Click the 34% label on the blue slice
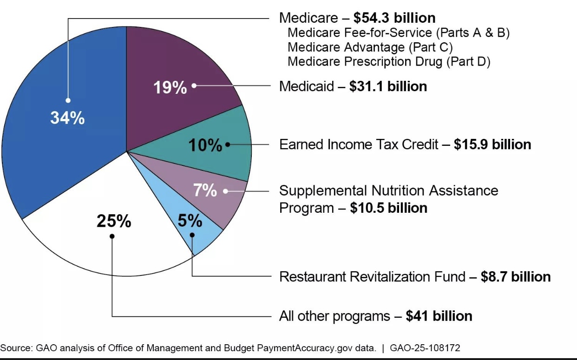(x=67, y=118)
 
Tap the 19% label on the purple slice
(x=170, y=87)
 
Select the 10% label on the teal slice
(x=205, y=145)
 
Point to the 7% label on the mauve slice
(x=205, y=190)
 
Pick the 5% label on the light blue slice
(x=190, y=221)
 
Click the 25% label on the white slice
(x=114, y=222)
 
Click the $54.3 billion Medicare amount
(x=394, y=18)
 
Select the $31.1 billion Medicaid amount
(x=388, y=86)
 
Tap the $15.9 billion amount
(x=492, y=144)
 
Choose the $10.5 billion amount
(x=389, y=208)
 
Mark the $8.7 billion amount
(x=516, y=277)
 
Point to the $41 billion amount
(x=439, y=316)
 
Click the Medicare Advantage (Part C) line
(x=370, y=47)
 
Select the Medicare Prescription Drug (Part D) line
(x=389, y=61)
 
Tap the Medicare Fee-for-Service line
(x=399, y=33)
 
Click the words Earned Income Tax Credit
(x=359, y=144)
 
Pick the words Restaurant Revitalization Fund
(x=372, y=277)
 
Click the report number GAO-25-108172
(x=426, y=348)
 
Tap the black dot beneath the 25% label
(x=112, y=236)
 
